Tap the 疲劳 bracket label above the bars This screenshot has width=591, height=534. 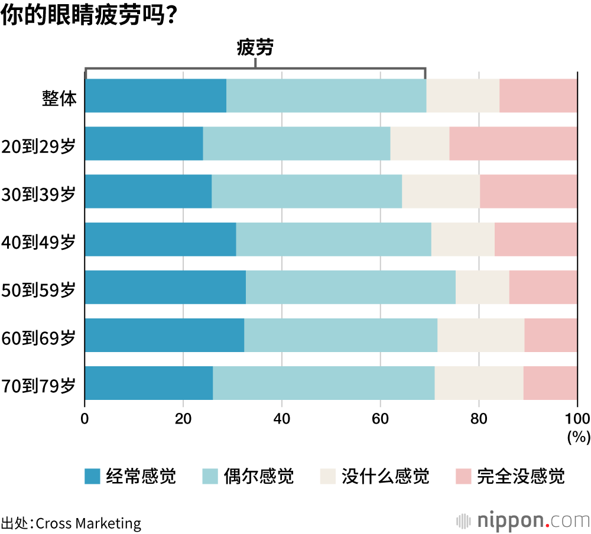click(255, 48)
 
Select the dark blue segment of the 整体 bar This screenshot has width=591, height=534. click(155, 96)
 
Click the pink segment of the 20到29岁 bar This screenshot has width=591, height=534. click(513, 144)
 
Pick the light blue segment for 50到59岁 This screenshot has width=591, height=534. click(350, 287)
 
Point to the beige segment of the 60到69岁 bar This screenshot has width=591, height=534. click(480, 335)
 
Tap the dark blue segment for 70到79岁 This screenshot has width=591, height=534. click(149, 383)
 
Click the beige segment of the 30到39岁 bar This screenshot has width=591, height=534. click(441, 191)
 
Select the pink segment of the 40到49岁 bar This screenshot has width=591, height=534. click(535, 239)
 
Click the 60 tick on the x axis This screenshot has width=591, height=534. click(380, 419)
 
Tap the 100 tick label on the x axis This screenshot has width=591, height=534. click(577, 419)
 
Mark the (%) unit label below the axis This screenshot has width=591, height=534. click(579, 437)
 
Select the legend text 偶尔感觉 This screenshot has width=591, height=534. click(258, 476)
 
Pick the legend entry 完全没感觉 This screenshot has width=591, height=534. click(521, 476)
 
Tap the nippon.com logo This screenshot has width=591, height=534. click(523, 520)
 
